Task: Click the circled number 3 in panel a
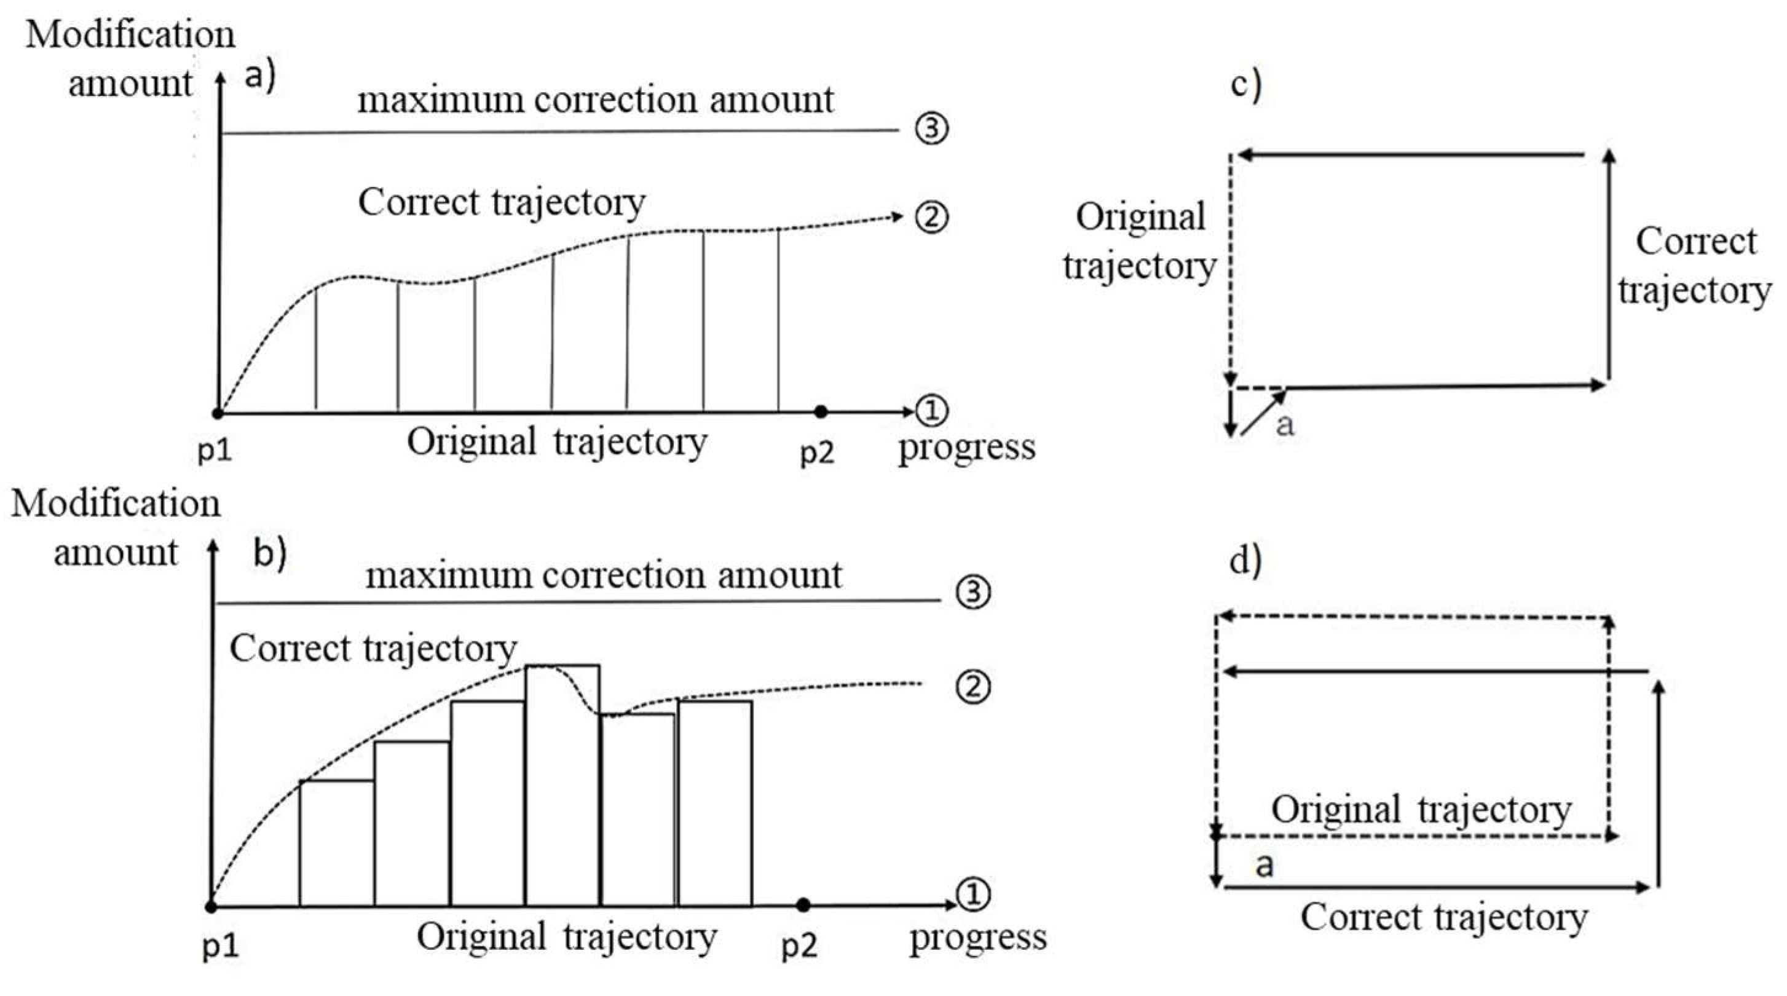(931, 128)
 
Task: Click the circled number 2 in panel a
(931, 217)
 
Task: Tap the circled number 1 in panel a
(931, 411)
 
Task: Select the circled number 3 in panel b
(973, 592)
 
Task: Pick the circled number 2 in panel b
(973, 687)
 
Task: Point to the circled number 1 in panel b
(973, 895)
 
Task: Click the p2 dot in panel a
(821, 412)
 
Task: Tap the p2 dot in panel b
(803, 904)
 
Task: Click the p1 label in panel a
(215, 451)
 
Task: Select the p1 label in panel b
(221, 946)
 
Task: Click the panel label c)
(1246, 85)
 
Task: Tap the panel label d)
(1246, 561)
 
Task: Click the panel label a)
(260, 75)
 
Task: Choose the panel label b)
(270, 553)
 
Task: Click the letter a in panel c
(1285, 424)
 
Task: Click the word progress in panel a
(967, 448)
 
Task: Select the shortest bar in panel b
(336, 844)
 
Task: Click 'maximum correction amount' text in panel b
(604, 575)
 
